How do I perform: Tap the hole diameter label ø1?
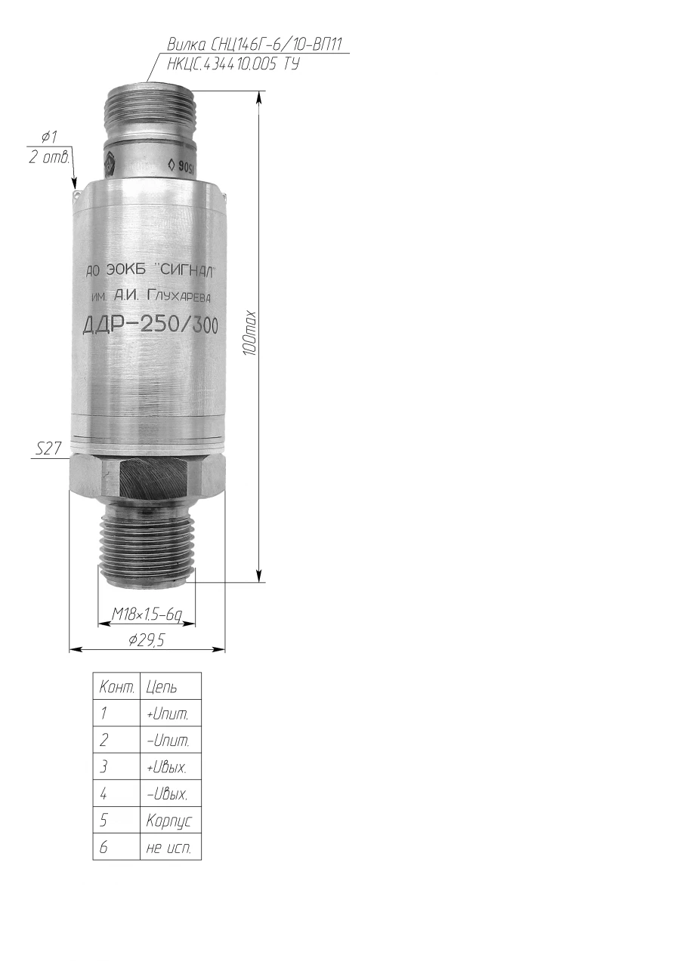click(49, 137)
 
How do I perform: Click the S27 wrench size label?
click(48, 449)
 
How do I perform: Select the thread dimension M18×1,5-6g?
click(147, 616)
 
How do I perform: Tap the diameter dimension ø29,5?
click(147, 640)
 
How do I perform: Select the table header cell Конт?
click(116, 688)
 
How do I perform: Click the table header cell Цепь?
click(162, 688)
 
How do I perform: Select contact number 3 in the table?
click(104, 767)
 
